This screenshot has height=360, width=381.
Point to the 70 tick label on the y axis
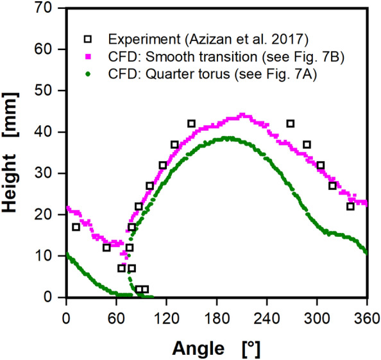(51, 8)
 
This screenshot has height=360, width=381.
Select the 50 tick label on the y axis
(51, 91)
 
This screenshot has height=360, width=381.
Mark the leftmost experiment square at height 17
(76, 227)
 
